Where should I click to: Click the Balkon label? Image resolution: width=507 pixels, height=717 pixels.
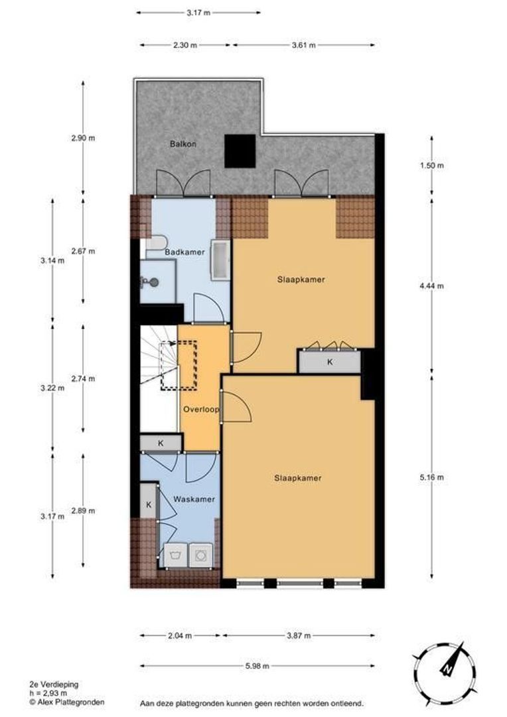(x=182, y=143)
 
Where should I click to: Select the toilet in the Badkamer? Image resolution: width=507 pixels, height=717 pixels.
(x=155, y=244)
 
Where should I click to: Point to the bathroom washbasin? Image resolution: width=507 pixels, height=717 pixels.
(x=220, y=260)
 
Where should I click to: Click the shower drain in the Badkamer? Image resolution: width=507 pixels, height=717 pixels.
(x=153, y=281)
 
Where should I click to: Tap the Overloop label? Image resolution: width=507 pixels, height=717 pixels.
(x=200, y=410)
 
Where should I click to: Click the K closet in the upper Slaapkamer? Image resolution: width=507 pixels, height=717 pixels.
(x=330, y=362)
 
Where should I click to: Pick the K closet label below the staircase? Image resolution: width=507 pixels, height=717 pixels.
(x=160, y=442)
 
